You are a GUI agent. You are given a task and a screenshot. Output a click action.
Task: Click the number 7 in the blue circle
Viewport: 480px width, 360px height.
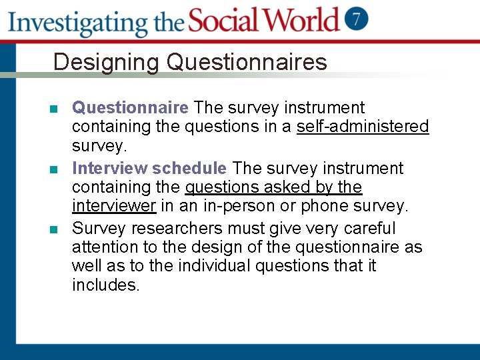click(x=357, y=18)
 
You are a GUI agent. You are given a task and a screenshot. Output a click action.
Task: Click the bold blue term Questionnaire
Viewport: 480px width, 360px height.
click(x=131, y=107)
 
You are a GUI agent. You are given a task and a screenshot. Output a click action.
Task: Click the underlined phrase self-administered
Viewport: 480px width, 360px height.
click(x=363, y=126)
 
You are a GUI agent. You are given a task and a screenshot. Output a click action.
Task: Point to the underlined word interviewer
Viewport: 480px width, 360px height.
click(x=114, y=206)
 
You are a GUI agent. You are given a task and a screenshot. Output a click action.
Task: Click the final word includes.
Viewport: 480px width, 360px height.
click(x=105, y=285)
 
